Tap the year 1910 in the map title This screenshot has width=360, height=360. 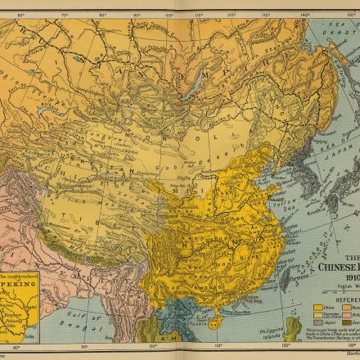[349, 279]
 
